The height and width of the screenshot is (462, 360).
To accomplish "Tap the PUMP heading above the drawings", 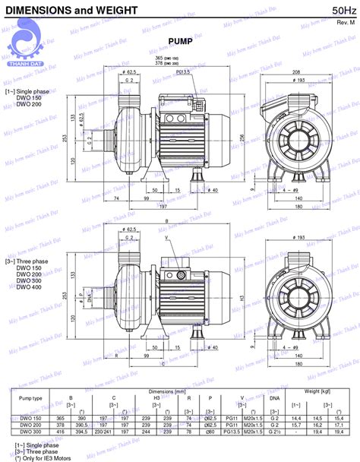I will pos(179,42).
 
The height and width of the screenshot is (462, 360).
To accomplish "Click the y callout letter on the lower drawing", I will pos(167,239).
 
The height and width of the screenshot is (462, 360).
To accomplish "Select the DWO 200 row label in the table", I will pos(30,424).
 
